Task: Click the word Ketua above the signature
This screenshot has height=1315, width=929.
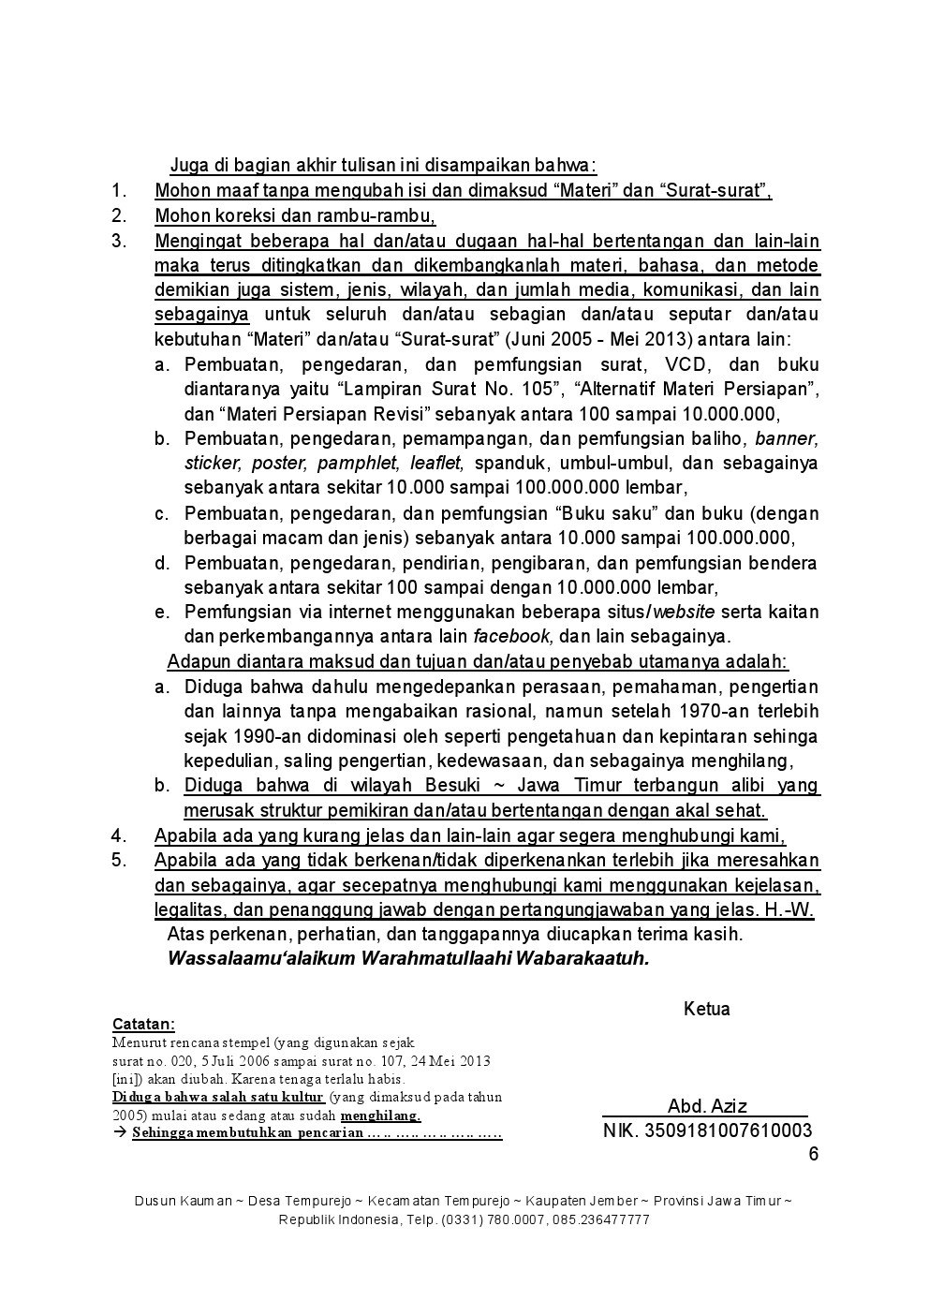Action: pos(706,1009)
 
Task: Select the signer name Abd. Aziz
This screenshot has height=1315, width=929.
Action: pos(707,1106)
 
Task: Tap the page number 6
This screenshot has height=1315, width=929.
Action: pos(813,1153)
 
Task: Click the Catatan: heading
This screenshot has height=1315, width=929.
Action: pos(143,1024)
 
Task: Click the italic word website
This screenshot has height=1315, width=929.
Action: pos(684,613)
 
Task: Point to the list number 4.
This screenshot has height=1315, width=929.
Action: pos(119,835)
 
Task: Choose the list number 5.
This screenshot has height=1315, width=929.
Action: pos(119,860)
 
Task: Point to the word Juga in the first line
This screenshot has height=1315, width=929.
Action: pos(187,166)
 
